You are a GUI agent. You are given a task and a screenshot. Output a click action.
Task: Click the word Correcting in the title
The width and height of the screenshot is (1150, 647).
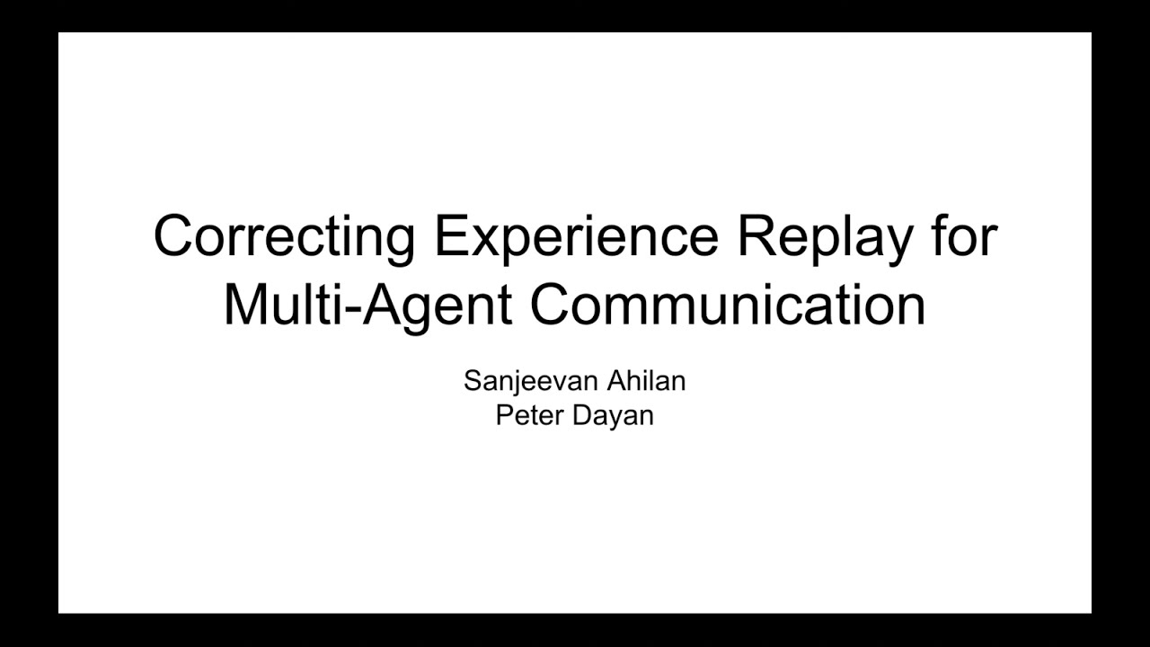[284, 237]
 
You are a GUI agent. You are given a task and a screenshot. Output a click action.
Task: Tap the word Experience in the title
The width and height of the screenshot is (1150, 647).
[576, 237]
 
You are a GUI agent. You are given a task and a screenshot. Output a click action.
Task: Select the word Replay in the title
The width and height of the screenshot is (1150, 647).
[823, 237]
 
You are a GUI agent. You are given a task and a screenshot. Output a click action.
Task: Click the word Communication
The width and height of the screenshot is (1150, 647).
[727, 305]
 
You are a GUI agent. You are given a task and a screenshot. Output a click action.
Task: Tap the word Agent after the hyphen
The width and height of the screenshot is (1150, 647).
[435, 306]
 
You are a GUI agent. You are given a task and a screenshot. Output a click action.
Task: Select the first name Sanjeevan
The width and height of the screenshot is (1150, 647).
[529, 381]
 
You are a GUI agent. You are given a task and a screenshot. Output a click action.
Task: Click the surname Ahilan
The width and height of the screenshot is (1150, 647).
[646, 380]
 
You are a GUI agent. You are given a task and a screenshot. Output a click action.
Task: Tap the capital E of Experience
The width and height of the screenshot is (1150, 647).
[450, 236]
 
